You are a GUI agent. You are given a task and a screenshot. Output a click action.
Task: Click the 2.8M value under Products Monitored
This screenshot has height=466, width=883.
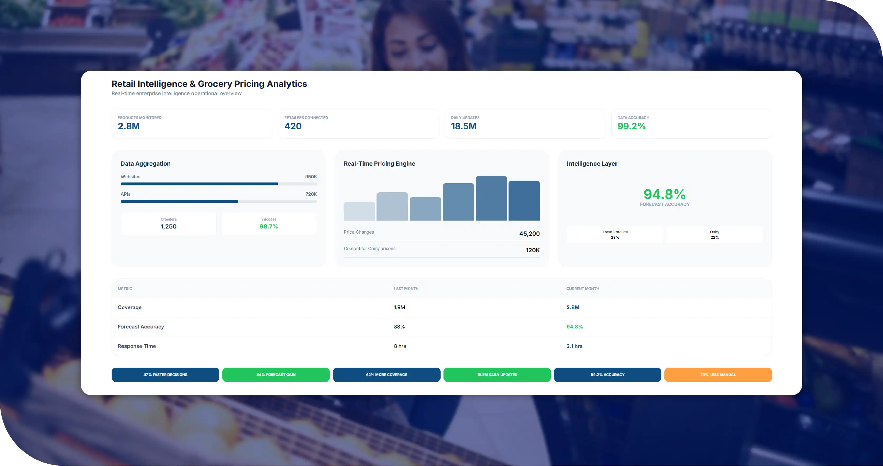point(129,126)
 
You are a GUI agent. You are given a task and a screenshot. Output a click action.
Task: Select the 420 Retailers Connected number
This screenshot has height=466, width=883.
point(293,126)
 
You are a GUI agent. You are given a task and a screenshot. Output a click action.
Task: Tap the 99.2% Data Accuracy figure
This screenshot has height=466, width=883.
point(632,126)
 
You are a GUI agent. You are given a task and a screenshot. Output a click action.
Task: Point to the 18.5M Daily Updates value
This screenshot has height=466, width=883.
point(463,126)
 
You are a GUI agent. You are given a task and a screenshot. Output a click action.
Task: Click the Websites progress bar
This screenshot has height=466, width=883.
point(219,184)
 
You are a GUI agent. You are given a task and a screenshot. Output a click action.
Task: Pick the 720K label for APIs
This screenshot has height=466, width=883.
point(311,194)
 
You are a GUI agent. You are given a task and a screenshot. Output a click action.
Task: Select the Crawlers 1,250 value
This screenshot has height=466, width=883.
point(169,226)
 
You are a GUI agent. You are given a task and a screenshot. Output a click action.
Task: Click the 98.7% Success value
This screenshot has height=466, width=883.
point(269,226)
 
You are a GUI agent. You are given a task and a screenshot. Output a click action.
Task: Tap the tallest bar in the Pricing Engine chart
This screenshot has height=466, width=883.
point(491,198)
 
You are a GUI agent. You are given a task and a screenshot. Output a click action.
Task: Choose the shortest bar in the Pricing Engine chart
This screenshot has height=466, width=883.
point(359,211)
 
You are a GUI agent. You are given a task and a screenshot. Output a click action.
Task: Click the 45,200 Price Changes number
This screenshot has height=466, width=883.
point(530,234)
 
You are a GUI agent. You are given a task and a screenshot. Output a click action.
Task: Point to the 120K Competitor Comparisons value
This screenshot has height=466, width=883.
point(533,250)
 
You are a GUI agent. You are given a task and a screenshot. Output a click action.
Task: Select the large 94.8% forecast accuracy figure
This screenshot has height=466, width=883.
point(665,194)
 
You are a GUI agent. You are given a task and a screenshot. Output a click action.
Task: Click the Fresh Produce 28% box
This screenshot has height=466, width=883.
point(615,235)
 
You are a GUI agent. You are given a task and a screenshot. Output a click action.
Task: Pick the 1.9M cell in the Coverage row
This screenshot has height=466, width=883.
point(399,308)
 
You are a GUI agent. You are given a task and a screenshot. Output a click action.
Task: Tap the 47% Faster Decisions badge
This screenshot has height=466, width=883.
point(165,375)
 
